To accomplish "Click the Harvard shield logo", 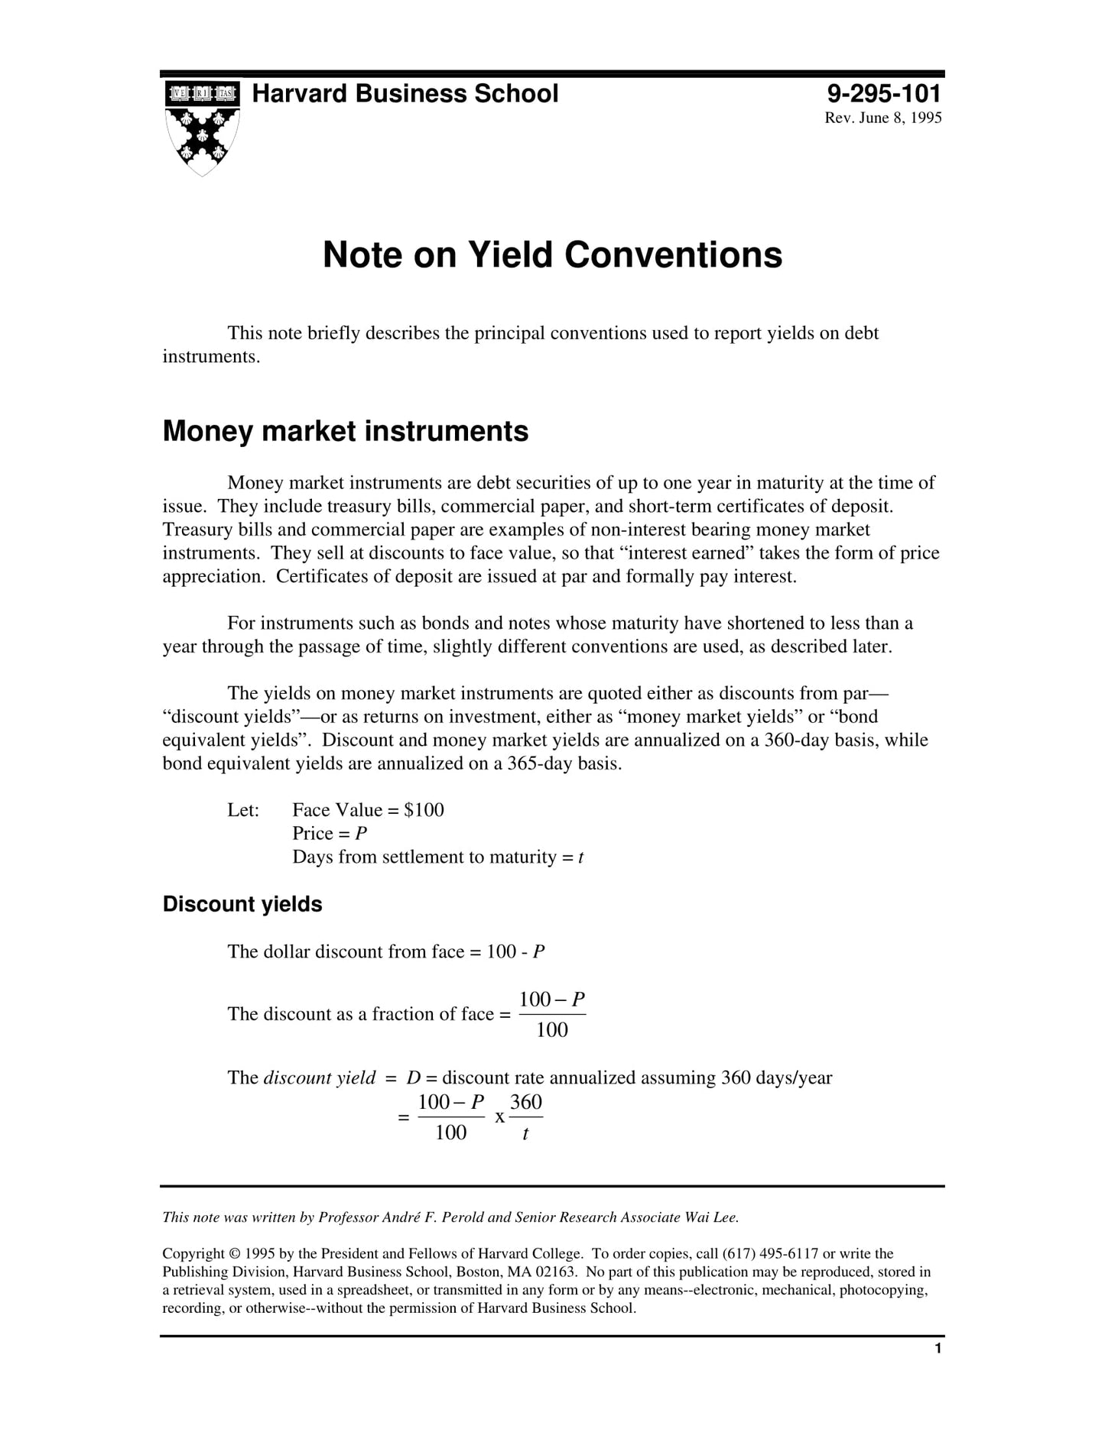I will coord(203,128).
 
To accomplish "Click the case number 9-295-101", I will coord(884,94).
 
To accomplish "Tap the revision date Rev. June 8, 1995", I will coord(882,118).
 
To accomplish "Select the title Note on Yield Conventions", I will coord(552,254).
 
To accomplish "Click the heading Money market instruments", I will coord(345,431).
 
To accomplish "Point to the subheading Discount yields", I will coord(242,904).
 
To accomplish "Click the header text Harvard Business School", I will coord(405,94).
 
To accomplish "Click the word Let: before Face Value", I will coord(243,810).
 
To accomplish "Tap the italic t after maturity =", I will coord(580,857).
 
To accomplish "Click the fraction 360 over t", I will coord(526,1116).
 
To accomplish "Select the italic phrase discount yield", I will coord(319,1077).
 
